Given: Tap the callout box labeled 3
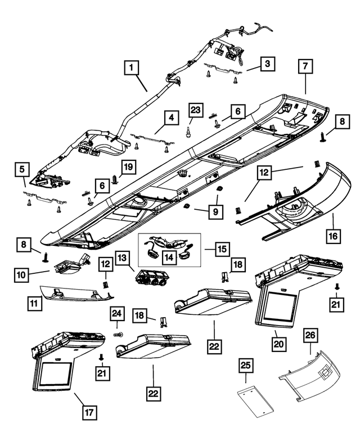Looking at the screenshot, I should (x=267, y=64).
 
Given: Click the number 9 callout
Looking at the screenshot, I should (x=217, y=213).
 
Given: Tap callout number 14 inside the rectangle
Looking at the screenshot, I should (x=168, y=256).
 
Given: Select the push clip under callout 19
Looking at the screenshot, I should (x=115, y=180).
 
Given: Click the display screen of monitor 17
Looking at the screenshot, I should (x=55, y=375).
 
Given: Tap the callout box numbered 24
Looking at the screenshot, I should (x=117, y=314).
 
